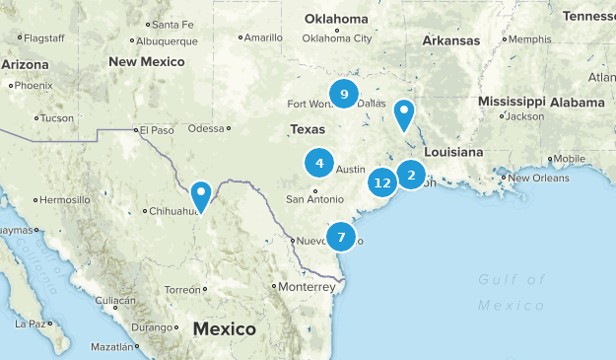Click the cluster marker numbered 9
344,95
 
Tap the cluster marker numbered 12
382,182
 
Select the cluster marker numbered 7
341,237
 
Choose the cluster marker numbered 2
411,176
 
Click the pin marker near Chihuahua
201,195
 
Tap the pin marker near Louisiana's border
404,114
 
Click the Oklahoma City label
337,37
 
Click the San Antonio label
315,199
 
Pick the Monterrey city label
307,286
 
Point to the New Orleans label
535,178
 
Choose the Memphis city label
529,38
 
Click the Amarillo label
262,37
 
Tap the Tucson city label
57,118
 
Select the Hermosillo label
65,199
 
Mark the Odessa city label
206,127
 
